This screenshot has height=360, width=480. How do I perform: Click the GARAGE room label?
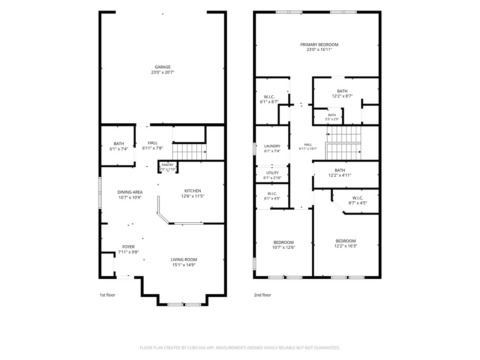[162, 67]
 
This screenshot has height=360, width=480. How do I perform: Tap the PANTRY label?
[168, 165]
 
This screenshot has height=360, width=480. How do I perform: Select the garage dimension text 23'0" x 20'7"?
[162, 72]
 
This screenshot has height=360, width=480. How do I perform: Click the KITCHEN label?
[192, 191]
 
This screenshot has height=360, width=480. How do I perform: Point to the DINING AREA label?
[130, 192]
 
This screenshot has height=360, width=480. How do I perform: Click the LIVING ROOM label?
[184, 259]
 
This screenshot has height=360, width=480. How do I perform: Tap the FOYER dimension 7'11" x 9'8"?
[128, 252]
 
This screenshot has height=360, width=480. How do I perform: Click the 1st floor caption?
[107, 295]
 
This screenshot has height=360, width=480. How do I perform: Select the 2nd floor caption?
[262, 295]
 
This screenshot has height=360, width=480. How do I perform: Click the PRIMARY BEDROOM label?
[319, 45]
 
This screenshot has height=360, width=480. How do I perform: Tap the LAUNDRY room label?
[272, 146]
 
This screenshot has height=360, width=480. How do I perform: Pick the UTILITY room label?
[272, 173]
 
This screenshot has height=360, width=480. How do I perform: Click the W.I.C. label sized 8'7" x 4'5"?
[358, 198]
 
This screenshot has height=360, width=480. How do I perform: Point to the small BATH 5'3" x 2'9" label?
[332, 115]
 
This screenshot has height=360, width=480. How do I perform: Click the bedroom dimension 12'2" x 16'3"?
[345, 246]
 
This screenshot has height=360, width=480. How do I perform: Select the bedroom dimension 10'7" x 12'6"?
[283, 247]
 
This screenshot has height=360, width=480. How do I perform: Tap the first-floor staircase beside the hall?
[189, 152]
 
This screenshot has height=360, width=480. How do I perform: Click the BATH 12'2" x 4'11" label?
[340, 170]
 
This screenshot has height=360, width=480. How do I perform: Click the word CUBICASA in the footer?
[196, 348]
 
